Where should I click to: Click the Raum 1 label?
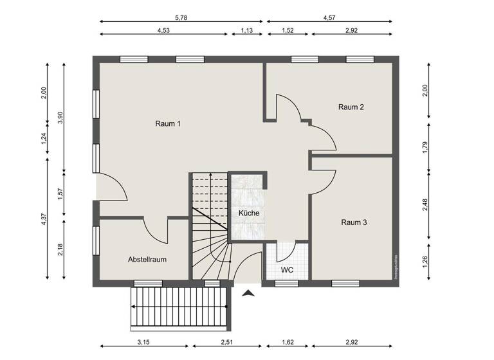(x=167, y=123)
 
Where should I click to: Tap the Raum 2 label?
(x=351, y=107)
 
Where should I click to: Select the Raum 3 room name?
(x=354, y=222)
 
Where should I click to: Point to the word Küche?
(x=249, y=213)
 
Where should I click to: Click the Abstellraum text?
(x=147, y=260)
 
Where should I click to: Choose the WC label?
(x=287, y=270)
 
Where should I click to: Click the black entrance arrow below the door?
(x=248, y=294)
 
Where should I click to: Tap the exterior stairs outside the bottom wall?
(x=180, y=307)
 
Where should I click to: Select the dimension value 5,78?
(x=181, y=12)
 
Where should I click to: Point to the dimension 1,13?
(x=246, y=30)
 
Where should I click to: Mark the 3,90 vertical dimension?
(x=60, y=118)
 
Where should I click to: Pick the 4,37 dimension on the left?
(x=44, y=219)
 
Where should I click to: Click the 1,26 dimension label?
(x=424, y=262)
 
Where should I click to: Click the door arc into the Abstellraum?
(x=154, y=228)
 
